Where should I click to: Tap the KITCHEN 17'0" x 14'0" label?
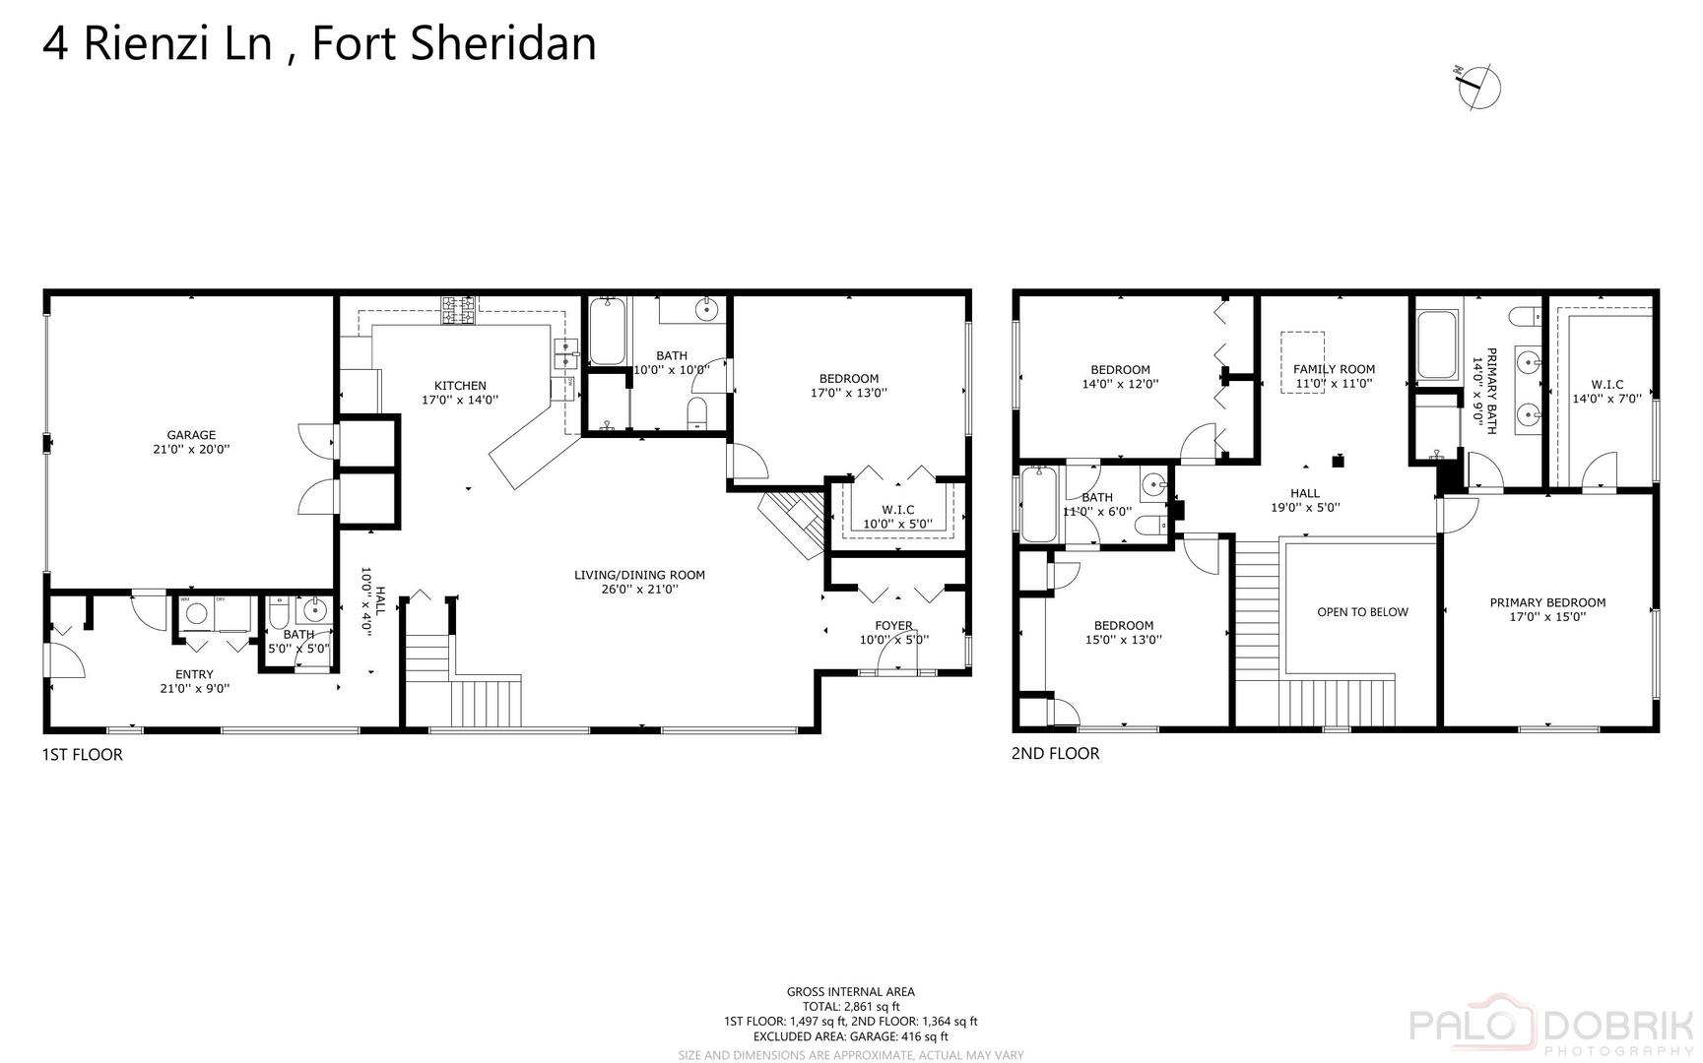coord(460,393)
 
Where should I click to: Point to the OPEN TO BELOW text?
coord(1362,612)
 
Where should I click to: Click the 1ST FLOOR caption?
coord(82,755)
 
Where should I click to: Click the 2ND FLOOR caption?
coord(1055,754)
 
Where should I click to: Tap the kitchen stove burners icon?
coord(457,310)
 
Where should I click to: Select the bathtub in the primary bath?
coord(1437,344)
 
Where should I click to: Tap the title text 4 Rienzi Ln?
coord(158,44)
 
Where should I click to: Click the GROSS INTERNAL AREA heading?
coord(850,992)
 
